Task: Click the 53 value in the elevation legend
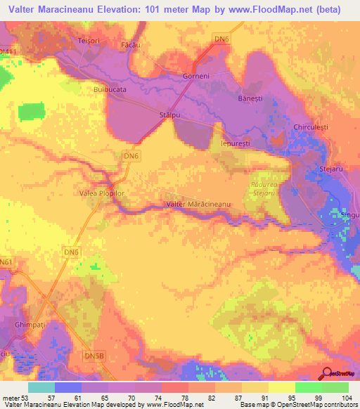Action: coord(27,398)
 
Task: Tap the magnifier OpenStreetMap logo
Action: coord(326,374)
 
